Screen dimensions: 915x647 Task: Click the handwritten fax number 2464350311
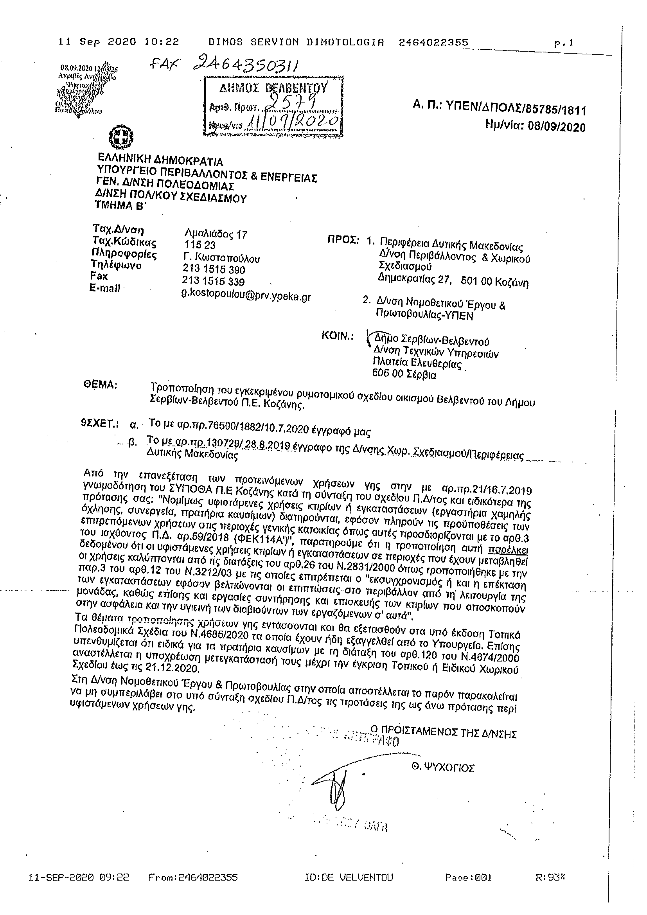click(247, 65)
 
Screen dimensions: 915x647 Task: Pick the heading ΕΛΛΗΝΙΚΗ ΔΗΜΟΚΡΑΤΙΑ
click(160, 160)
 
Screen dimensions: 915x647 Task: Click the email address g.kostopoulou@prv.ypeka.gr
click(246, 297)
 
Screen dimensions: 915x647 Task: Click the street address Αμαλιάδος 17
click(216, 234)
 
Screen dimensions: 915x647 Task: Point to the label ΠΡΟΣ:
click(343, 240)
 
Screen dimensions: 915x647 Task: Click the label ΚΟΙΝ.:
click(338, 336)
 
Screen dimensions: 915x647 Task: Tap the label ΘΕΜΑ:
click(100, 385)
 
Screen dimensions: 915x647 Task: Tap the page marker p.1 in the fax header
click(564, 43)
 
